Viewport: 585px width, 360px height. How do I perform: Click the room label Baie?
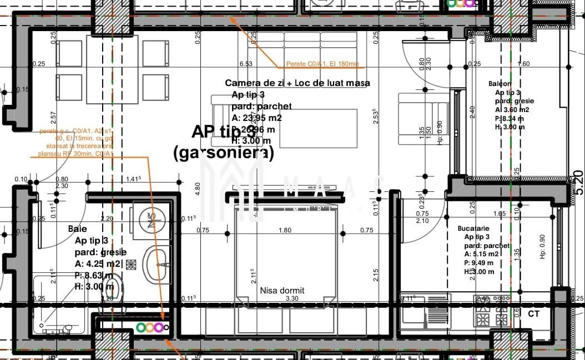[x=78, y=229]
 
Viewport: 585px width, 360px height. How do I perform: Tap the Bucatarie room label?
[x=473, y=228]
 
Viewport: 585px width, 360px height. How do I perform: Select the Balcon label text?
[x=500, y=84]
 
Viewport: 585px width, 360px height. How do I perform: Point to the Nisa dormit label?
[x=282, y=290]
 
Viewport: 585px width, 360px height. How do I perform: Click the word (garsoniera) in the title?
[x=224, y=154]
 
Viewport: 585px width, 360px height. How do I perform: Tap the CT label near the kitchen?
[x=534, y=314]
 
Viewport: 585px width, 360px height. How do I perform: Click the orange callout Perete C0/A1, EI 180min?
[x=324, y=64]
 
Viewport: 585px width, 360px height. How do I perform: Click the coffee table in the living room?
[x=318, y=128]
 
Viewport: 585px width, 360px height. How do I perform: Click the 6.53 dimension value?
[x=245, y=64]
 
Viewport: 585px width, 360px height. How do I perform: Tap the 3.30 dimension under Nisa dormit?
[x=292, y=299]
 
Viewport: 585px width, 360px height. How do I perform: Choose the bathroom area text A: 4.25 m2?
[x=98, y=263]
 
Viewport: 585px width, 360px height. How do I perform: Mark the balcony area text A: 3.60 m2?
[x=512, y=110]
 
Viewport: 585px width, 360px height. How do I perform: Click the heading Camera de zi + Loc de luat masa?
[x=297, y=83]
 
